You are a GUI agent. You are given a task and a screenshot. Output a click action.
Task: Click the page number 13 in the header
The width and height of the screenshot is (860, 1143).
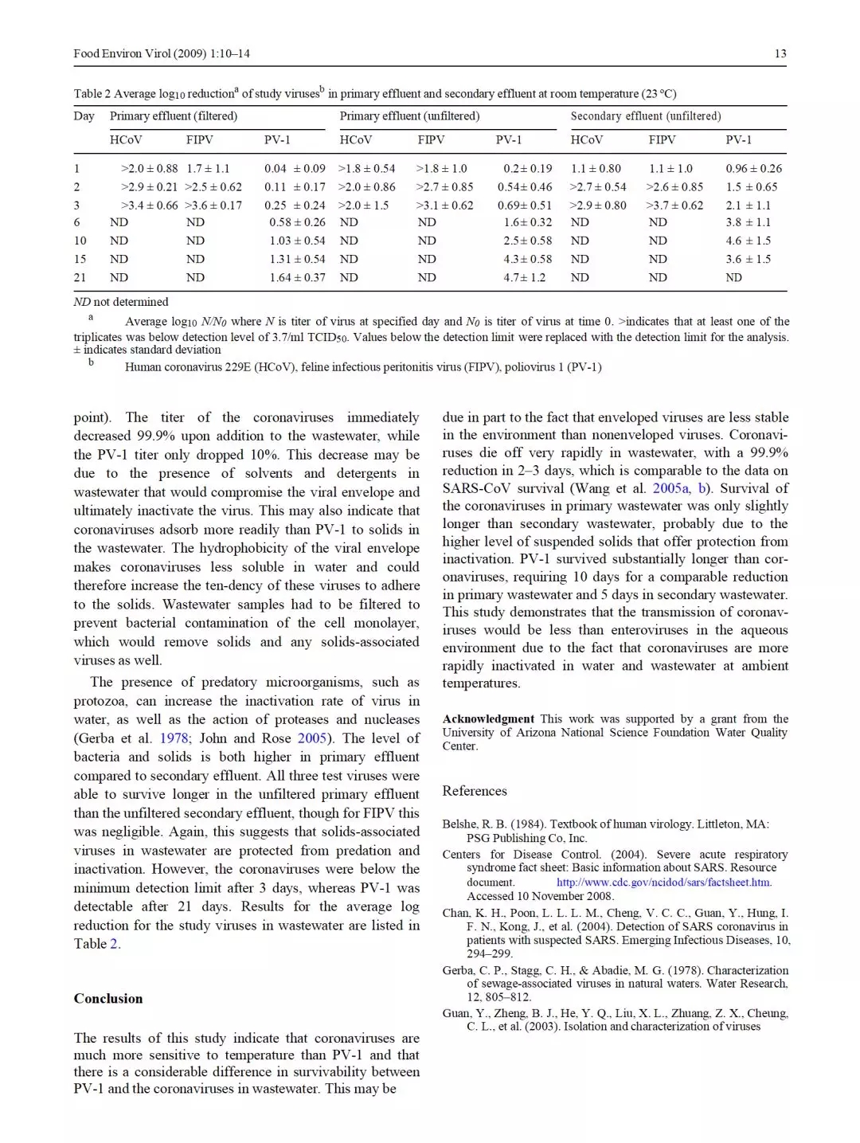click(x=780, y=53)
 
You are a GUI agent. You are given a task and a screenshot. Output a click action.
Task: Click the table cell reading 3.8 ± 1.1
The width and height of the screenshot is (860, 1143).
click(x=748, y=222)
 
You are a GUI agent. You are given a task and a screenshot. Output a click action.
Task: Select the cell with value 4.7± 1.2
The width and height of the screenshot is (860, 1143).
click(x=524, y=277)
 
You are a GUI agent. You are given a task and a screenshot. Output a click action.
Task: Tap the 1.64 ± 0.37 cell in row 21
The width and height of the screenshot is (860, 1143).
click(x=297, y=277)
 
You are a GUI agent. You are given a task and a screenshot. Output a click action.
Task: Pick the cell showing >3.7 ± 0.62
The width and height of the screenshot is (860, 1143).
click(x=674, y=205)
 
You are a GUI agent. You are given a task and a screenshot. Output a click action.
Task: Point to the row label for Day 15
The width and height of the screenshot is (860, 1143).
click(x=80, y=259)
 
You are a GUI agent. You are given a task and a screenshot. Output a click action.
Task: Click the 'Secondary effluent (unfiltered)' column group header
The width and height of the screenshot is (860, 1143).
click(x=645, y=116)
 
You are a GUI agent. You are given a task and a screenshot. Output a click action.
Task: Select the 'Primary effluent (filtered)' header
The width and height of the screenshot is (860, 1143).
click(x=174, y=116)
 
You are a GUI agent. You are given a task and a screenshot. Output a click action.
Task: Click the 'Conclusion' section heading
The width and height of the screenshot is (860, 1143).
click(x=108, y=998)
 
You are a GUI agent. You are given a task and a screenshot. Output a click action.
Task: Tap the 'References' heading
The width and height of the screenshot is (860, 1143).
click(x=475, y=790)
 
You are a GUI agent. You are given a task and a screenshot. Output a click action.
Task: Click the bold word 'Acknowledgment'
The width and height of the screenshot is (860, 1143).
click(x=488, y=718)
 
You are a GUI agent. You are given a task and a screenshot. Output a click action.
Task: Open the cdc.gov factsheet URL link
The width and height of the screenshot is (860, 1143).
click(x=664, y=882)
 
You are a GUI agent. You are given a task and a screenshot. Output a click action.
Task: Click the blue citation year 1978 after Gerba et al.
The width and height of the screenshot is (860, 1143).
click(x=174, y=738)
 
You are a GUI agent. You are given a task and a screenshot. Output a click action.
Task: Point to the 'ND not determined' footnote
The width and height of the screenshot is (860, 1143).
click(x=121, y=302)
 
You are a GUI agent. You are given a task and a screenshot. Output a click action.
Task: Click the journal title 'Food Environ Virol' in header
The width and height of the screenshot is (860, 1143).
click(x=122, y=53)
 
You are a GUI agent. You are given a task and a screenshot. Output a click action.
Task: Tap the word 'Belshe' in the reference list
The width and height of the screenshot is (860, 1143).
click(x=459, y=824)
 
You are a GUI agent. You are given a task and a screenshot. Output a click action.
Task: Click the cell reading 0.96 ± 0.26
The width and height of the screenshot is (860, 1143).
click(x=753, y=168)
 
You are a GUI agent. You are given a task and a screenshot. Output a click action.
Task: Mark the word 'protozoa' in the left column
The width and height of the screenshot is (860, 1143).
click(x=100, y=701)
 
